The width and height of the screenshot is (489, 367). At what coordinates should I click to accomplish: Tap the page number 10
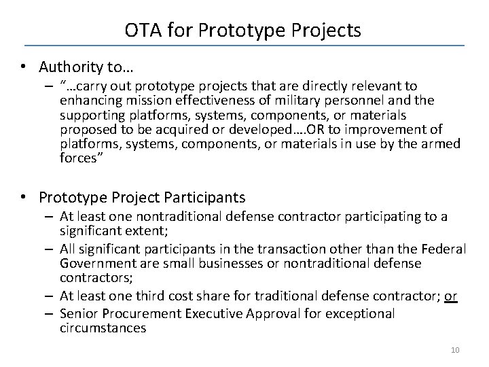[x=455, y=349]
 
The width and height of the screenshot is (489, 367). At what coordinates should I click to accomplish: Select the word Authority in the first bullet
[x=67, y=67]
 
